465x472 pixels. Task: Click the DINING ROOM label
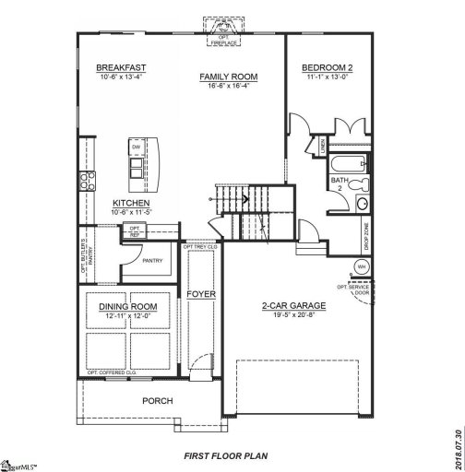pos(128,306)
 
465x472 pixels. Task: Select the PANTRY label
pos(152,261)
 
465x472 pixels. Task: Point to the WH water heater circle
pos(362,266)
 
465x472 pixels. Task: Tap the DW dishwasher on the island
pos(136,147)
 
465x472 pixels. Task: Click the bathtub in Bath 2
pos(348,167)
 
